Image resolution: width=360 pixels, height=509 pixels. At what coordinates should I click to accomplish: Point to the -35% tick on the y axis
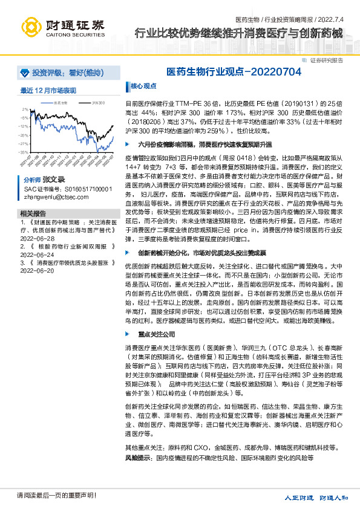23,152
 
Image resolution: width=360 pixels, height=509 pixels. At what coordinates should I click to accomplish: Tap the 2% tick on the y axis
24,109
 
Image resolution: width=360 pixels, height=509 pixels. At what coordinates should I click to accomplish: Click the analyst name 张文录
53,180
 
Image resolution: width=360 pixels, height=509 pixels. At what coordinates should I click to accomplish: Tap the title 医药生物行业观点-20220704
234,71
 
